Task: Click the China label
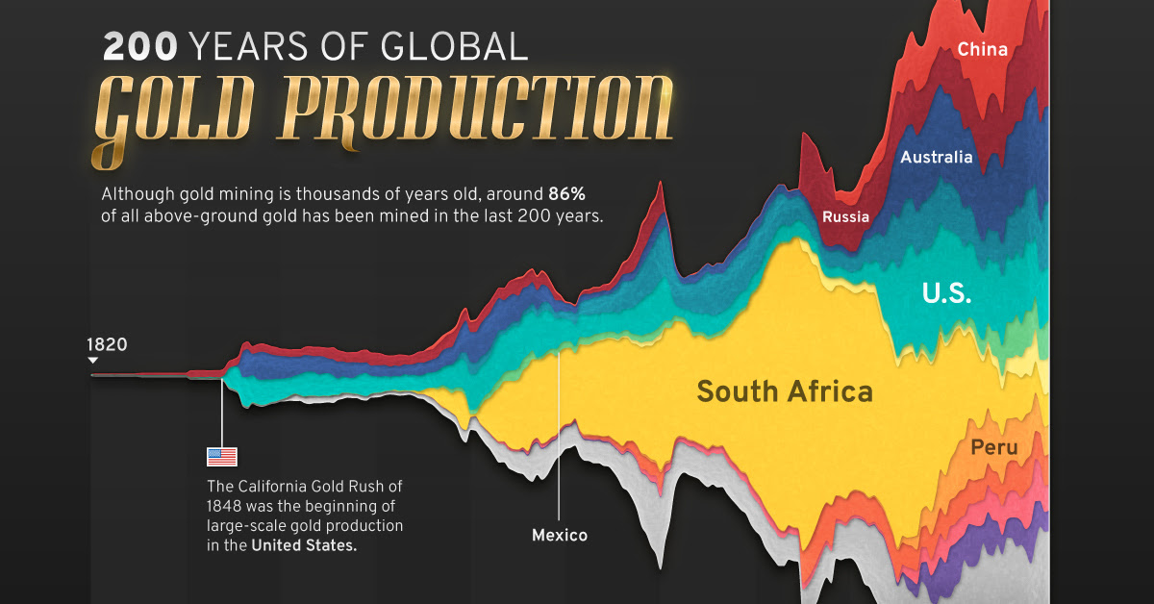coord(982,49)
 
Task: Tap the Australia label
coord(936,157)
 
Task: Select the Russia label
coord(845,216)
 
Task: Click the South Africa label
coord(785,391)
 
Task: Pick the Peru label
coord(993,447)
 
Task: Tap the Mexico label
coord(560,535)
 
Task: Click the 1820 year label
coord(107,344)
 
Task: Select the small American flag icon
coord(222,457)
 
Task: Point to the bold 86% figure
coord(566,193)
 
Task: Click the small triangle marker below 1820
coord(92,361)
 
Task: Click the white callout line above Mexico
coord(559,433)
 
